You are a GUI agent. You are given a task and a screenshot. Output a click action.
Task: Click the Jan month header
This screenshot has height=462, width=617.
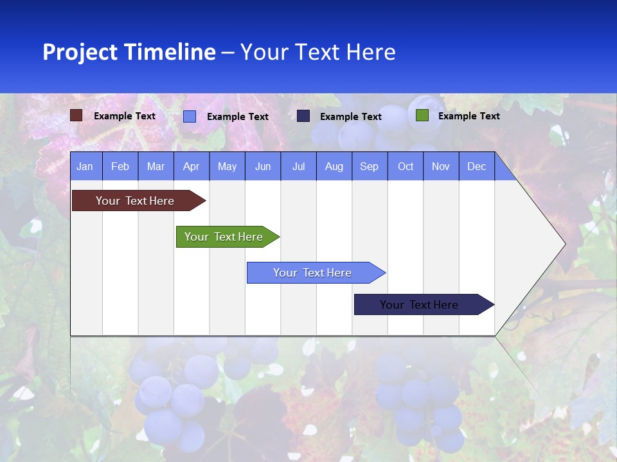click(85, 166)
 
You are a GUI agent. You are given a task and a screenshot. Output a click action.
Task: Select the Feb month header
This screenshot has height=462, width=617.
click(120, 166)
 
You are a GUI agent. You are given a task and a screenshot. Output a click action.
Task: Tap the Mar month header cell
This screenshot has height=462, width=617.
click(156, 166)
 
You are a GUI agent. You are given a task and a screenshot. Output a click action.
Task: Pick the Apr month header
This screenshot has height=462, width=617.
click(191, 166)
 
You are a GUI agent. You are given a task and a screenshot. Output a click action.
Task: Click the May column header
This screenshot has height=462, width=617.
click(227, 166)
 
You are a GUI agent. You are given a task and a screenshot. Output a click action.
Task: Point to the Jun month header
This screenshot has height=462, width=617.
click(263, 166)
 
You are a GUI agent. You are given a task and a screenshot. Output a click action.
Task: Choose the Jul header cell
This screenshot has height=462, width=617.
click(298, 166)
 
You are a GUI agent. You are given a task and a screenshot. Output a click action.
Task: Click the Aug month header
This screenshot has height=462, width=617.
click(334, 166)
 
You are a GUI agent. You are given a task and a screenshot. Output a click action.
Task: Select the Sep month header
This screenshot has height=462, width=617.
click(370, 166)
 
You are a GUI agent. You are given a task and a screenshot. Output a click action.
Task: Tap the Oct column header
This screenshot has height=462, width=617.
click(406, 166)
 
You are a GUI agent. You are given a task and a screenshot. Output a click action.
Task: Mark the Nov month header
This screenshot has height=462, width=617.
click(441, 166)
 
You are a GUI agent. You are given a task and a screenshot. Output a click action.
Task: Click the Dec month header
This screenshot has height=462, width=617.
click(477, 166)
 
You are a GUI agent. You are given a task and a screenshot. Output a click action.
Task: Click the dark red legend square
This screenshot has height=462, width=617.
click(76, 116)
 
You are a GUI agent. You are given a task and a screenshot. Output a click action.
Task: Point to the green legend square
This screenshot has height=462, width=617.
click(422, 116)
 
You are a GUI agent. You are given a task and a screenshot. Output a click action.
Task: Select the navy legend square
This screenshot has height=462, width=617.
click(303, 116)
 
